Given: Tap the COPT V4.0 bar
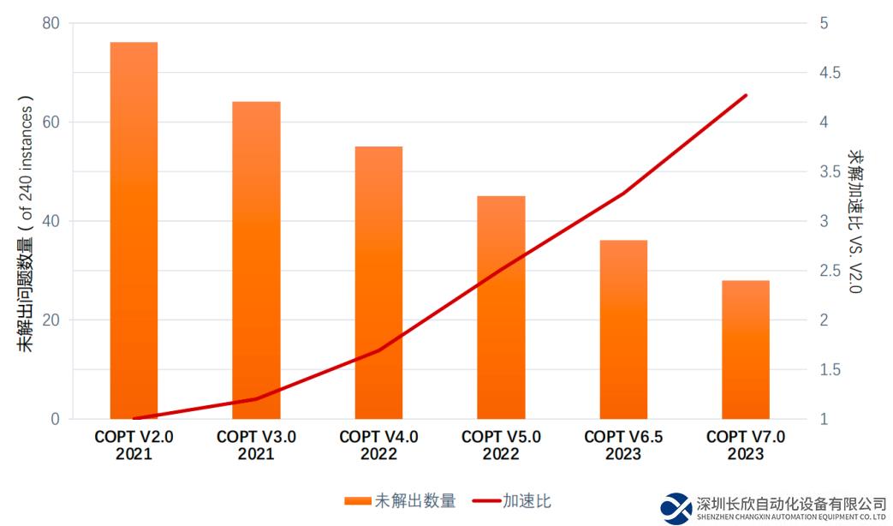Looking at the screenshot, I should pos(378,283).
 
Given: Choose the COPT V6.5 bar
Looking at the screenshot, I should pos(623,329).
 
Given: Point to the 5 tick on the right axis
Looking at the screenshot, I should pos(825,23).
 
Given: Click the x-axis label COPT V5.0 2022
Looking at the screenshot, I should pos(501,445).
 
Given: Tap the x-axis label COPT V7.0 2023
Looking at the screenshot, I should pos(746,445).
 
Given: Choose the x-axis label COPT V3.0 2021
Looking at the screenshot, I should pos(256,445).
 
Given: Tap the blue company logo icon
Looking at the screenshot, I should pos(676,508).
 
